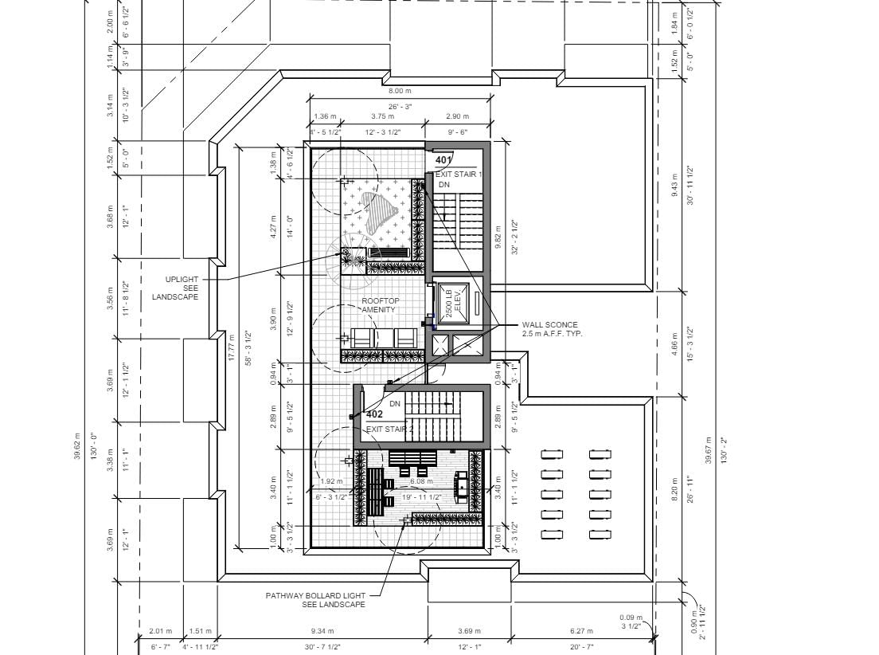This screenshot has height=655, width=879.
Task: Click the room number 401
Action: click(x=443, y=160)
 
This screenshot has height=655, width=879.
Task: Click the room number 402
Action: click(x=374, y=414)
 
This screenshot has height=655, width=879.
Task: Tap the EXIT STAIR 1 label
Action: click(x=459, y=174)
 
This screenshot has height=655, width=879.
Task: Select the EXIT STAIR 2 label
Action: click(x=390, y=429)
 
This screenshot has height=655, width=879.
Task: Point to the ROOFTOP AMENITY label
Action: click(x=381, y=305)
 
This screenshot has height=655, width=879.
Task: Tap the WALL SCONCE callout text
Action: click(x=552, y=329)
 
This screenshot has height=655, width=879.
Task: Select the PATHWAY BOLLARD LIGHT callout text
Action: click(x=316, y=599)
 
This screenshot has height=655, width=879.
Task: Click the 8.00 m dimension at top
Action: click(x=400, y=92)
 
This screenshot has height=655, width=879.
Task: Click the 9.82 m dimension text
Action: click(x=498, y=237)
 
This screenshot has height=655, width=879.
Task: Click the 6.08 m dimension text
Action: click(x=421, y=481)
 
